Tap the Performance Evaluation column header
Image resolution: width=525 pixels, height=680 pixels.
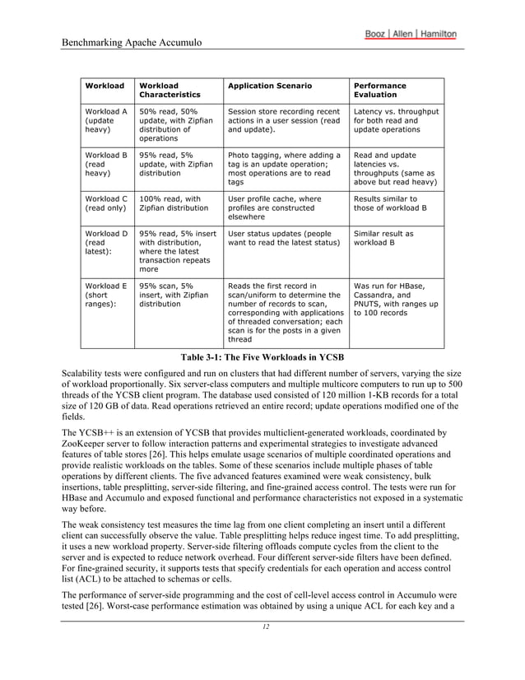[379, 90]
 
